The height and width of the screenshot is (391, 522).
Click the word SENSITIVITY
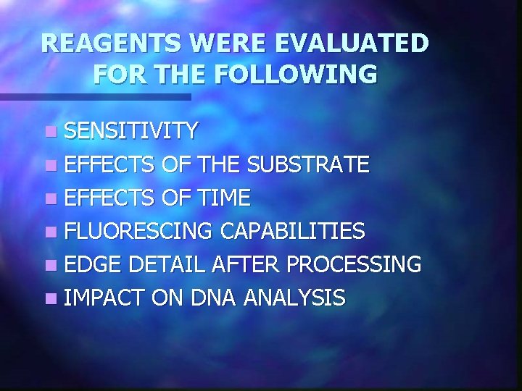pos(130,130)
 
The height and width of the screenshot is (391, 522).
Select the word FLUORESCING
pos(138,230)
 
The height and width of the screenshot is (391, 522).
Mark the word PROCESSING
pos(355,264)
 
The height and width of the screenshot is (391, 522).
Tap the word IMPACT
pos(99,297)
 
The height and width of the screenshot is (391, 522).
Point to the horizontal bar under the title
pos(95,96)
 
